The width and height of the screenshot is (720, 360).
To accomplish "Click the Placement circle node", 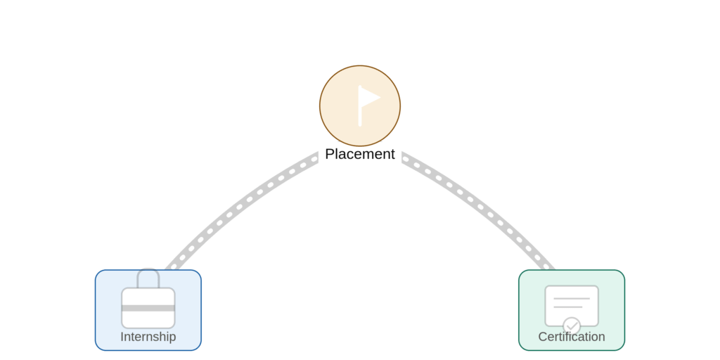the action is coord(360,105).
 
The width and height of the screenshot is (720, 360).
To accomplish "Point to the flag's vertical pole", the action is coord(360,105).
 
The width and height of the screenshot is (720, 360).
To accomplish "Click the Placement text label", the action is coord(360,154).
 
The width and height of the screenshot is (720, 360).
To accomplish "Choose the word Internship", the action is coord(148,337).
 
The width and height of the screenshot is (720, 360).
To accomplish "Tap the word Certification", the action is coord(572,337).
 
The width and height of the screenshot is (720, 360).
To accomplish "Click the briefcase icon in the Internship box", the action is coord(148,298).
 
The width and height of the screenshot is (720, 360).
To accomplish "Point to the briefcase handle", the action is coord(148,278).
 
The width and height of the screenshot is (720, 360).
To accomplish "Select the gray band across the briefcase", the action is coord(148,308).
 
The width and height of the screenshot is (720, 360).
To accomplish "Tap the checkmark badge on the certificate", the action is coord(572,326).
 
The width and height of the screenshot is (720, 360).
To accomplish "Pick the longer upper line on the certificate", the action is coord(572,299).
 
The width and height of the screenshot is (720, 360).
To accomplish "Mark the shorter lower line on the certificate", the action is coord(568,307).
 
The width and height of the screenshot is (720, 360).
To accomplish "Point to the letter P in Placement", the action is coord(330,154).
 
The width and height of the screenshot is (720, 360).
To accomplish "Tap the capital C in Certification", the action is coord(544,337).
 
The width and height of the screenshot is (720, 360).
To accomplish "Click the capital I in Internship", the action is coord(122,337).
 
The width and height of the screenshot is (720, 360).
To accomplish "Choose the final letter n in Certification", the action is coord(602,338).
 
